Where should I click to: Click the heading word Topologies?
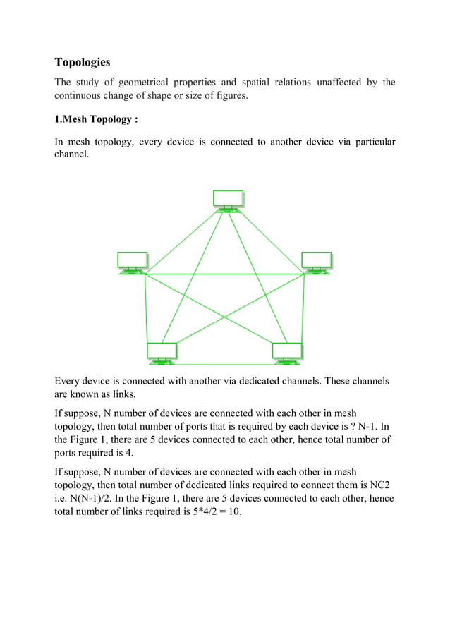[82, 62]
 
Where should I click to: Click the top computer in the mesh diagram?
[228, 200]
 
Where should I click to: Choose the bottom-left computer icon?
[162, 353]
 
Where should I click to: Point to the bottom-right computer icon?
[287, 353]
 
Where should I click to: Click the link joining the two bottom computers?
[224, 364]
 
